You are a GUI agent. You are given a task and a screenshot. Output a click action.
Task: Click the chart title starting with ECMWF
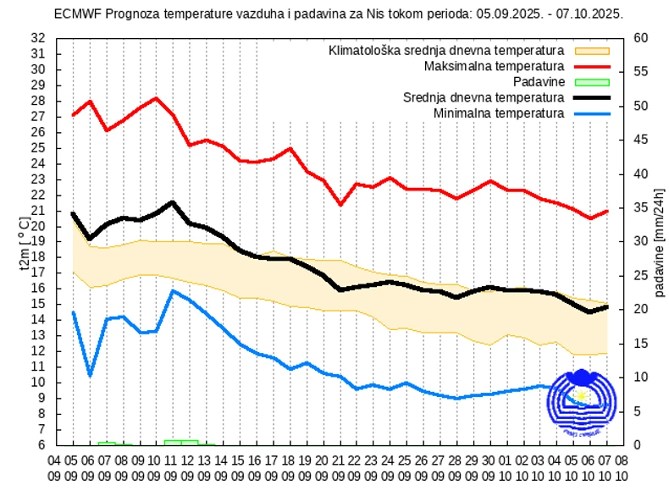(x=338, y=14)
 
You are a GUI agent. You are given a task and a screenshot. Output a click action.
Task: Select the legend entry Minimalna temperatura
(x=498, y=113)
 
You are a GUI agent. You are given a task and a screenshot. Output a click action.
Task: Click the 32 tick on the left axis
(x=37, y=38)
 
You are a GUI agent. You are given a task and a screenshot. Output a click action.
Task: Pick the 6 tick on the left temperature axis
(x=41, y=444)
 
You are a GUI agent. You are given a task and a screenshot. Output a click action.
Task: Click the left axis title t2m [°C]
(x=23, y=242)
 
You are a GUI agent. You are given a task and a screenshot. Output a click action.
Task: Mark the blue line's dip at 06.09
(x=90, y=375)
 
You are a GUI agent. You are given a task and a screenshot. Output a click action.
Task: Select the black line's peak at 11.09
(x=173, y=202)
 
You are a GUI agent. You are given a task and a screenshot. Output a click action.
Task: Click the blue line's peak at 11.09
(x=173, y=291)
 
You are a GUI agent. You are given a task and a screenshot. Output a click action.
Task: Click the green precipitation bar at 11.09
(x=173, y=442)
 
